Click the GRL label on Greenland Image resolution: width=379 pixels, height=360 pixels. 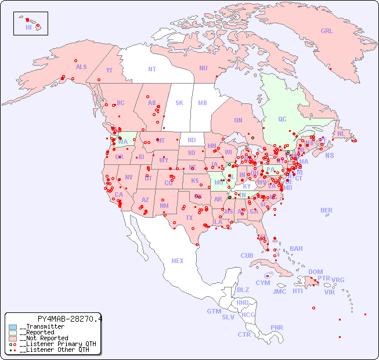point(327,31)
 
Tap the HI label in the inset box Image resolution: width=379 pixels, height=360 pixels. point(28,27)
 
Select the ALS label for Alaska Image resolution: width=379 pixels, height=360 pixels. point(81,67)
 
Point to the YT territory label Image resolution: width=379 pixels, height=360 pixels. point(109,70)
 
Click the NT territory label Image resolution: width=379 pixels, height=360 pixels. point(152,69)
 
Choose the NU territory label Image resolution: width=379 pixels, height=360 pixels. point(203,68)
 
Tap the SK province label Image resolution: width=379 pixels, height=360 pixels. point(179,103)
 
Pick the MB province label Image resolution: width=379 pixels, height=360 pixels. point(203,103)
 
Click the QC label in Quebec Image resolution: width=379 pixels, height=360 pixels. point(282,119)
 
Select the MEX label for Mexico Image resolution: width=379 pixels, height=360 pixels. point(178,261)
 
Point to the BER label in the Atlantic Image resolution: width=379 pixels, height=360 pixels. point(326,210)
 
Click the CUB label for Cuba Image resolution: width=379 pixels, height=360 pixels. point(247,255)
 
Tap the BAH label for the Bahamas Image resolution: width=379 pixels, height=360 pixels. point(296,249)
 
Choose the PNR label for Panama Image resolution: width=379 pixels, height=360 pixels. point(277,327)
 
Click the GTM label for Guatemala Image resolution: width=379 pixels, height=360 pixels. point(214,311)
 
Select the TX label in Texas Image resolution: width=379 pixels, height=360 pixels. point(189,218)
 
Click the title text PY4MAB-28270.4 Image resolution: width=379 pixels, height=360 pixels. point(69,319)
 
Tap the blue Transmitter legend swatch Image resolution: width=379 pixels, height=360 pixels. point(13,327)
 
